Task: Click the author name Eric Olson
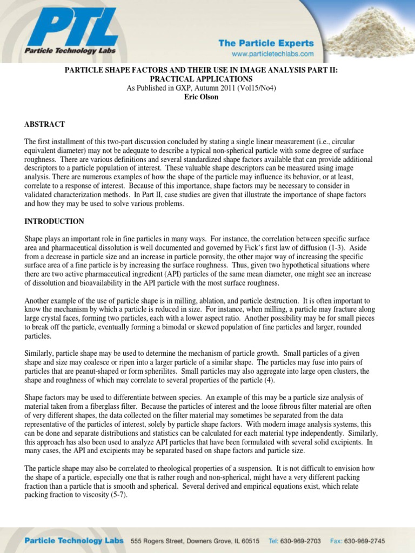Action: [201, 97]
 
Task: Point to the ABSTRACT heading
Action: [44, 124]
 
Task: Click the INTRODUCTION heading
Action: [54, 221]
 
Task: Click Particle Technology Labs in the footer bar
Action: [73, 541]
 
